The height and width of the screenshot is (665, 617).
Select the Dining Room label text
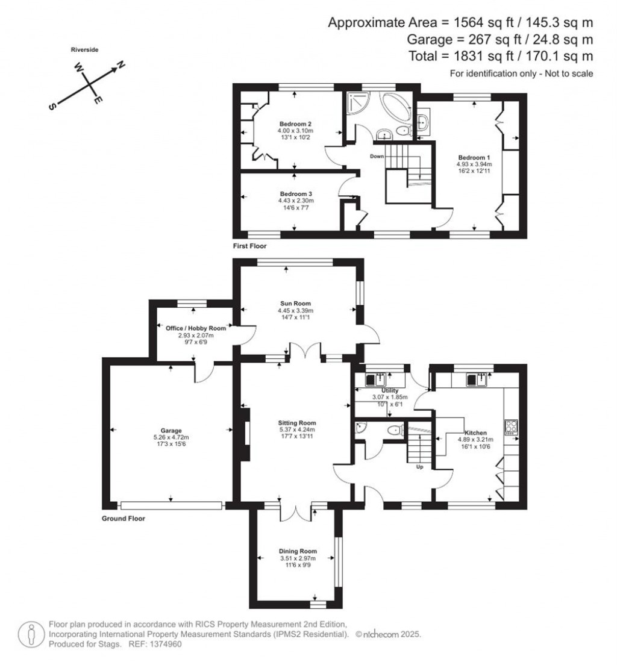click(x=297, y=551)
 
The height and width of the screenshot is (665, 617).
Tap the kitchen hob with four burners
click(x=512, y=426)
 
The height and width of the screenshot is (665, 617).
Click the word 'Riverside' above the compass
click(x=83, y=50)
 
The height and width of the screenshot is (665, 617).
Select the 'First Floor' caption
click(x=249, y=246)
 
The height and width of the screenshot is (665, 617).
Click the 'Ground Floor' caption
click(x=124, y=518)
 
